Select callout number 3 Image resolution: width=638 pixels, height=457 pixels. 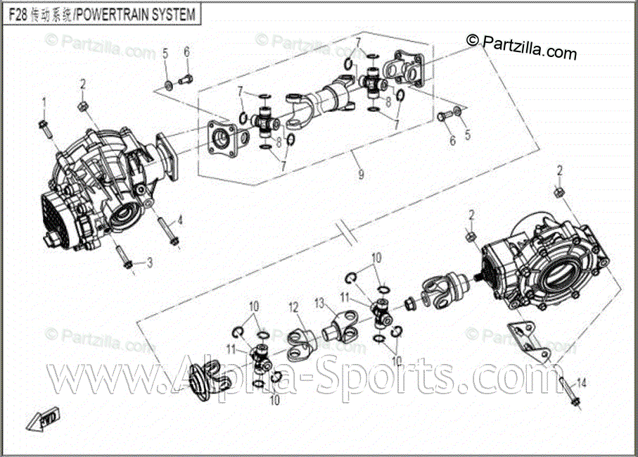[149, 263]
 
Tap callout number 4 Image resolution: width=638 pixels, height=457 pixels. [179, 220]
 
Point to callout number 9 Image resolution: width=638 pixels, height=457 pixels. [361, 175]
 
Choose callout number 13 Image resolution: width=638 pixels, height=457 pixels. [319, 303]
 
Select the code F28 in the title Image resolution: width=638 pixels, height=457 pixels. [18, 14]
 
